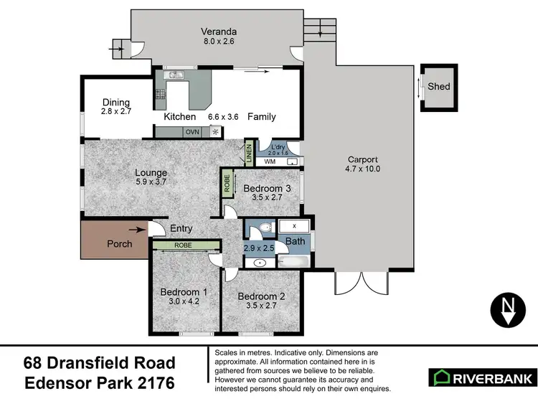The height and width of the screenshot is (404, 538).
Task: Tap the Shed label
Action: (x=439, y=87)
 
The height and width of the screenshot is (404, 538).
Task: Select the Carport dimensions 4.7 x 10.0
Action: (x=362, y=169)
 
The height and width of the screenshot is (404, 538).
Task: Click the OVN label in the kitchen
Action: (x=192, y=132)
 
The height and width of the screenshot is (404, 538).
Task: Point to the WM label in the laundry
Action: (x=270, y=162)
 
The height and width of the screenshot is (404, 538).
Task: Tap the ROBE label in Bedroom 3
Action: (x=227, y=182)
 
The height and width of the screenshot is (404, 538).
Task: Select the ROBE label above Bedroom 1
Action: (x=184, y=245)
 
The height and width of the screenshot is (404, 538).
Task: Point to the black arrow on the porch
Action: (x=136, y=230)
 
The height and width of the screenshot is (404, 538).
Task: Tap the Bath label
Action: (x=296, y=241)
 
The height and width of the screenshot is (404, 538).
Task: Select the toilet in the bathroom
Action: (x=263, y=228)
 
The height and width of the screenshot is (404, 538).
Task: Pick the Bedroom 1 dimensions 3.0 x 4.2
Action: (x=184, y=302)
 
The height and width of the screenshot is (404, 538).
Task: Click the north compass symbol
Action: (x=507, y=310)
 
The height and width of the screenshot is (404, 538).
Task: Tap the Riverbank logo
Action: (x=481, y=377)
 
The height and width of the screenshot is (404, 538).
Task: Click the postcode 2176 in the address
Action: (x=150, y=382)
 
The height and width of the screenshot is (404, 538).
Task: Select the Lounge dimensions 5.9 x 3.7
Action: (x=151, y=182)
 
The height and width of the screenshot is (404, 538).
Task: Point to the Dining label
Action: (x=115, y=102)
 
